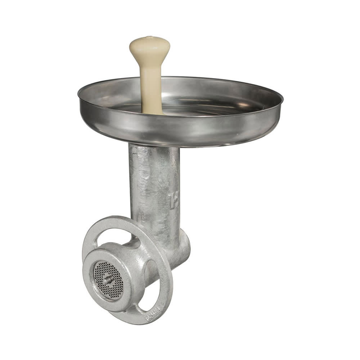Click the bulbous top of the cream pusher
pyautogui.click(x=149, y=49)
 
